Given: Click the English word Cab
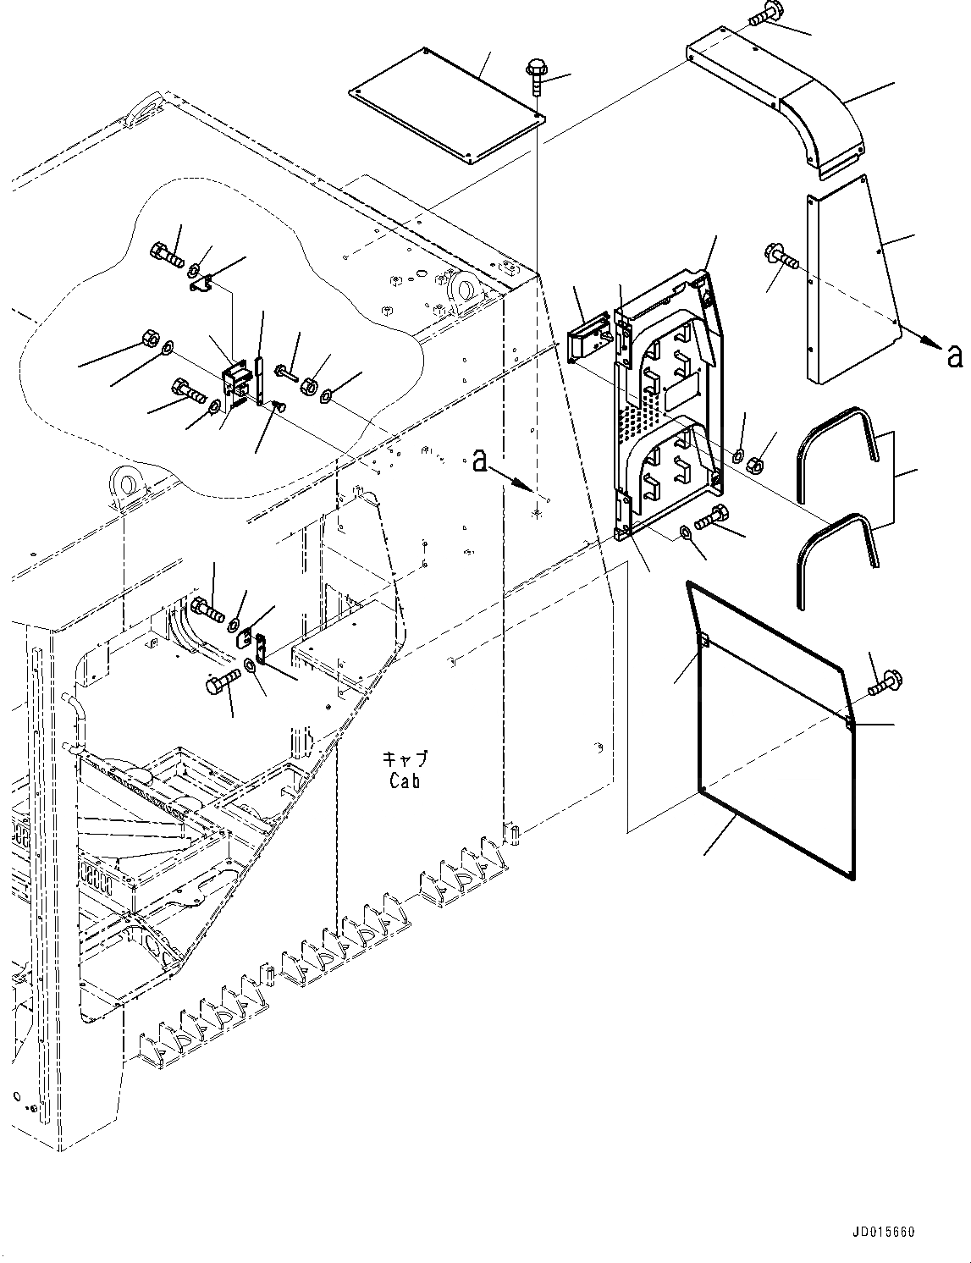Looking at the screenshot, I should point(405,781).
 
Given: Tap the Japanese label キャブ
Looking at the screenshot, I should point(405,758).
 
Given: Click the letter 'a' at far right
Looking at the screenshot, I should point(955,357).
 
